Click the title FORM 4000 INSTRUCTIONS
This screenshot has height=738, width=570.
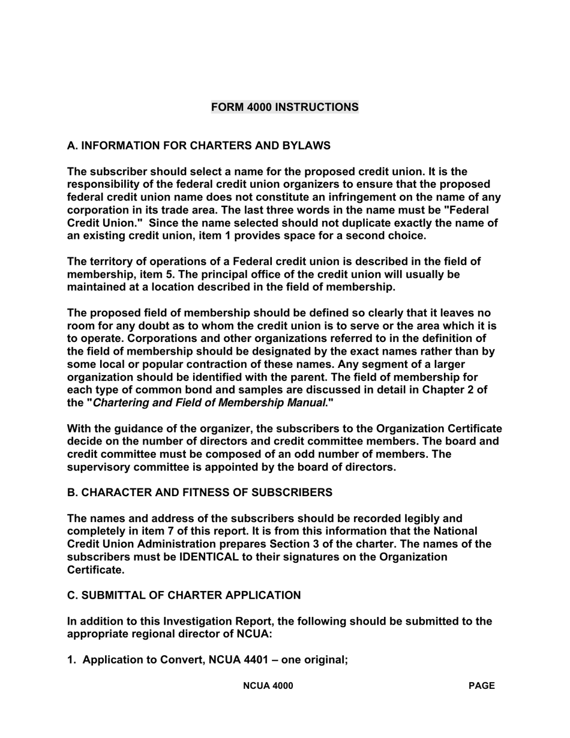click(284, 107)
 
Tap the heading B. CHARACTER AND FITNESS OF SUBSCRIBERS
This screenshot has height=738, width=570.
click(199, 493)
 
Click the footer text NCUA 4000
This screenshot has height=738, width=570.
click(268, 686)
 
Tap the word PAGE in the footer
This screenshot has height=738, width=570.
click(481, 686)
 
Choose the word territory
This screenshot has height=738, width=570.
click(112, 262)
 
